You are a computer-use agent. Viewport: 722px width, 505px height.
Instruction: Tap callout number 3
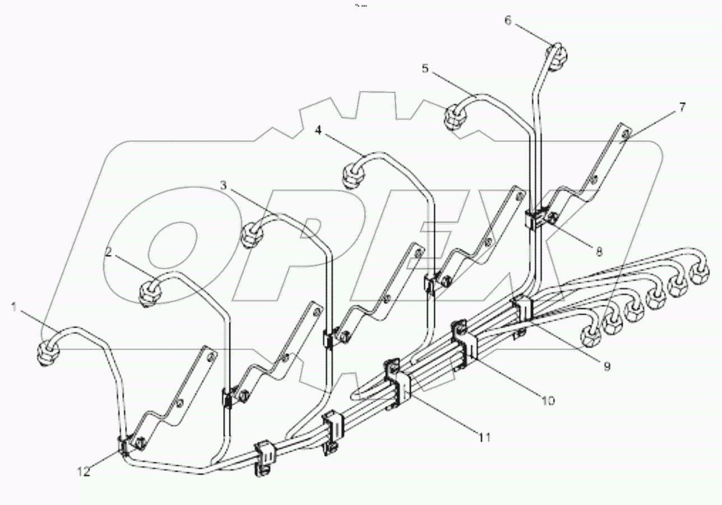(x=223, y=185)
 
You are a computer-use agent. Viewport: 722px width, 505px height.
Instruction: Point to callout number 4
(x=318, y=130)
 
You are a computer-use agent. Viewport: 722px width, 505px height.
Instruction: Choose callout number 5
(x=425, y=68)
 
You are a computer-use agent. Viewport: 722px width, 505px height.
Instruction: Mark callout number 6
(x=508, y=21)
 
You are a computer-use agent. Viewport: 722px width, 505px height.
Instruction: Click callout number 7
(x=682, y=108)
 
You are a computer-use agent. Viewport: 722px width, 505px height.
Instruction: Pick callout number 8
(x=599, y=252)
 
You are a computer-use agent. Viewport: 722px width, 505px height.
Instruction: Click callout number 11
(x=484, y=436)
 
